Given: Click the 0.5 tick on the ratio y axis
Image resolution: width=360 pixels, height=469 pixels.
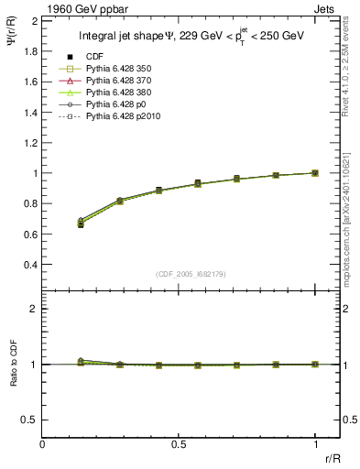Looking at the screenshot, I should pos(29,420).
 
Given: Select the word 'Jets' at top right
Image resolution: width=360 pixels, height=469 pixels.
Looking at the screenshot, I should pos(326,7).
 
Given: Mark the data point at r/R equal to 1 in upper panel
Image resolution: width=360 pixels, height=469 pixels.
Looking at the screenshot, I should pos(315,172).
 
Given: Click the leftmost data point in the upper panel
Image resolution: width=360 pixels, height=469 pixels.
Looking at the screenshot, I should pos(81,224).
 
